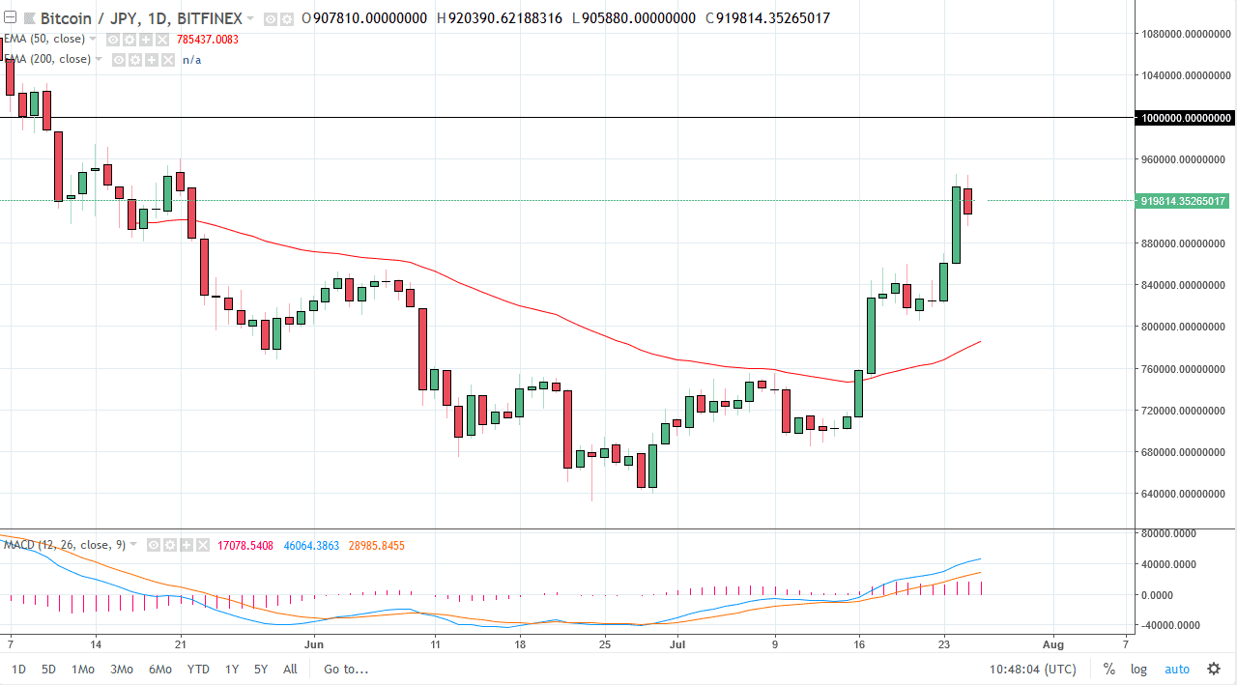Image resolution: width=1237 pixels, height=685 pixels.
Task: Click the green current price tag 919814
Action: pos(1184,201)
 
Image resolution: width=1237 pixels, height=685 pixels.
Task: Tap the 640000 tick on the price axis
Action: pos(1185,495)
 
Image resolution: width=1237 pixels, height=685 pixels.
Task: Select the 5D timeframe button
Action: pos(48,669)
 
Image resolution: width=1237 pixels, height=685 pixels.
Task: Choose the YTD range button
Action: pos(198,669)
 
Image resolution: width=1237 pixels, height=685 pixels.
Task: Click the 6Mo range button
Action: pos(160,669)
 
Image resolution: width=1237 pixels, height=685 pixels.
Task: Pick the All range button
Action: pos(290,669)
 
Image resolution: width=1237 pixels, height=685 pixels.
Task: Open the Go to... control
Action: pos(346,669)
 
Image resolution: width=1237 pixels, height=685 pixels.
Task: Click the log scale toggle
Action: pos(1139,669)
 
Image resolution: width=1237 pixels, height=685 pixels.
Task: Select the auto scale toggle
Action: pos(1176,669)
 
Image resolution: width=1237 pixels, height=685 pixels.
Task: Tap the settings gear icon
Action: pos(1214,669)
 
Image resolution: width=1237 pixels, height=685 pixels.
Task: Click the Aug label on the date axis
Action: pos(1053,642)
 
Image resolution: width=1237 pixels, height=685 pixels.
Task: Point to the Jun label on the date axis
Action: pos(314,642)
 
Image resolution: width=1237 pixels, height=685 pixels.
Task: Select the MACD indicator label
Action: pos(64,545)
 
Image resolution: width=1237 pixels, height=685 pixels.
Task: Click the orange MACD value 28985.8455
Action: pos(369,546)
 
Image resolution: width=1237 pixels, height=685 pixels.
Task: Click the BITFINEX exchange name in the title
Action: pos(210,18)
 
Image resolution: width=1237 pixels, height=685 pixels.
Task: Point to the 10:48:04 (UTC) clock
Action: pos(1033,669)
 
